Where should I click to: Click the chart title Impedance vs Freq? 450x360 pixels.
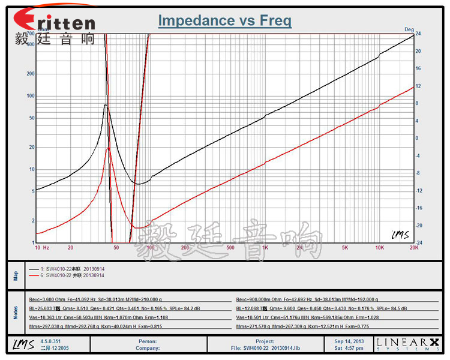(x=225, y=21)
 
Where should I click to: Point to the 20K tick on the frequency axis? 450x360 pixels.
(x=413, y=247)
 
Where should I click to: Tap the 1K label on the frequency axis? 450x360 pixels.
(x=265, y=247)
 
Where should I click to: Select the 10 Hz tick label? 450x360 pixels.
(x=42, y=247)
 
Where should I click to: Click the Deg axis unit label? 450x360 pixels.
(x=409, y=29)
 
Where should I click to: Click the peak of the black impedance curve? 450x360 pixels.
(x=106, y=105)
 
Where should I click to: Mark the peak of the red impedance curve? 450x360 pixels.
(x=108, y=148)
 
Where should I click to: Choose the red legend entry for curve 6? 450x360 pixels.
(x=66, y=276)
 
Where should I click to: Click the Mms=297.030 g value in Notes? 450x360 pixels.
(x=46, y=326)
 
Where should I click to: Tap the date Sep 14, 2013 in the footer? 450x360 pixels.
(x=349, y=341)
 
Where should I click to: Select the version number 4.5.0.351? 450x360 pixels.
(x=50, y=341)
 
